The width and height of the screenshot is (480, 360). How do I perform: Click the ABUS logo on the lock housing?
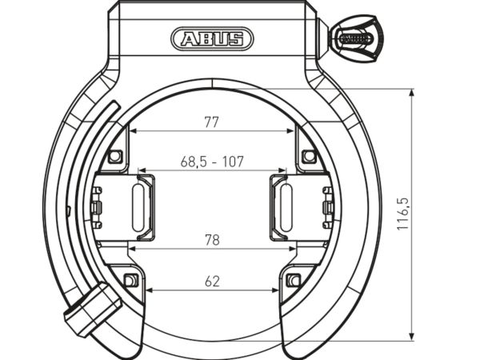coord(212,39)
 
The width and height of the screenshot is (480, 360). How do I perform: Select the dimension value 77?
coord(212,122)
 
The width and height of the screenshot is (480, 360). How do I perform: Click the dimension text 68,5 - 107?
coord(212,162)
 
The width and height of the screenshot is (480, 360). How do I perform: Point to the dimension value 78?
coord(212,240)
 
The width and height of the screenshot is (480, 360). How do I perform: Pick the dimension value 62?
coord(212,282)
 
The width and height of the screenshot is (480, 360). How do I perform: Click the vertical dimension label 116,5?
coord(403,214)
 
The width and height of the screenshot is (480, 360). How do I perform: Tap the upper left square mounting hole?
coord(114,157)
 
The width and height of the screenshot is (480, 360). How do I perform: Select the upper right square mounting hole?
coord(309,156)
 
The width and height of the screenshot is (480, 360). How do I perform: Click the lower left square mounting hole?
coord(130,280)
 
